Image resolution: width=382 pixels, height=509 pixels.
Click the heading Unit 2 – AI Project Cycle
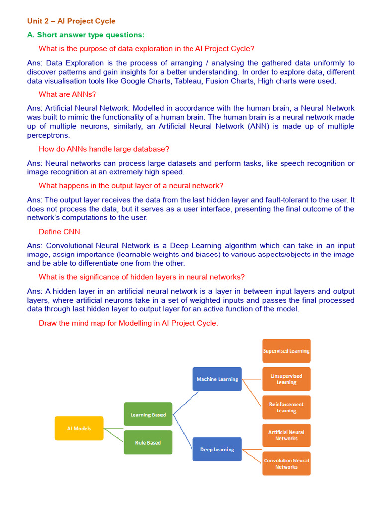coord(71,21)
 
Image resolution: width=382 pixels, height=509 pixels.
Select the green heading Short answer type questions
coord(86,35)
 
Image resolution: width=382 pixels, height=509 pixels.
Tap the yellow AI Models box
coord(79,428)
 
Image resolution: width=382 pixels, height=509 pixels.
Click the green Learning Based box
coord(148,415)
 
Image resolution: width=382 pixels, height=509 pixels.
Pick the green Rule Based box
coord(148,442)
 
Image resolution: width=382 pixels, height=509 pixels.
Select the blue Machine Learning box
coord(217,379)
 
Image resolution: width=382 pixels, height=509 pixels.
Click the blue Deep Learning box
coord(217,449)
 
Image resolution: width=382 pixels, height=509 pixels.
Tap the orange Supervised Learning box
coord(286,351)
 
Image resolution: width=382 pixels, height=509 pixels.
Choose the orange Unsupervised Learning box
coord(286,379)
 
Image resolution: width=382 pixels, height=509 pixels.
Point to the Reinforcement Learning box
coord(286,407)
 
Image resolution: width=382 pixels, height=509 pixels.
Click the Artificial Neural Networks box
coord(286,435)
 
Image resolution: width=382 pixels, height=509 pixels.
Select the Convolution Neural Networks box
coord(286,463)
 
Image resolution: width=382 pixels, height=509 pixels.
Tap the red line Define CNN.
coord(60,232)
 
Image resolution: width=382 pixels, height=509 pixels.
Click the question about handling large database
coord(104,149)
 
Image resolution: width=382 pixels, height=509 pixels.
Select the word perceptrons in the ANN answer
coord(48,135)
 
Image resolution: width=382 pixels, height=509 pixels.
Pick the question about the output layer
coord(131,186)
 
